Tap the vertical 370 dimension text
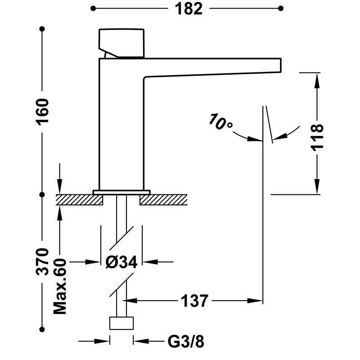pyautogui.click(x=43, y=261)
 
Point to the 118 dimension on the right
pyautogui.click(x=318, y=137)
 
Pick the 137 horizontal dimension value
pyautogui.click(x=195, y=300)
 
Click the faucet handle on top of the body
pyautogui.click(x=121, y=42)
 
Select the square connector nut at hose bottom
pyautogui.click(x=121, y=323)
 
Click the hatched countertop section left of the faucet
pyautogui.click(x=79, y=199)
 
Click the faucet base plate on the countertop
pyautogui.click(x=121, y=192)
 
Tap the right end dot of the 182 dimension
pyautogui.click(x=281, y=8)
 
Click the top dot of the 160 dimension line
pyautogui.click(x=43, y=29)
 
